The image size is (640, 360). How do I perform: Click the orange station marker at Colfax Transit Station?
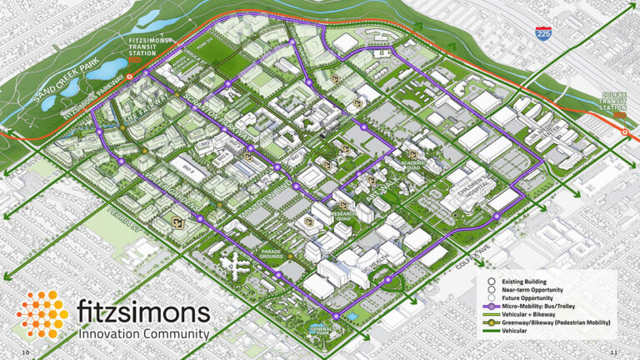click(x=625, y=131)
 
